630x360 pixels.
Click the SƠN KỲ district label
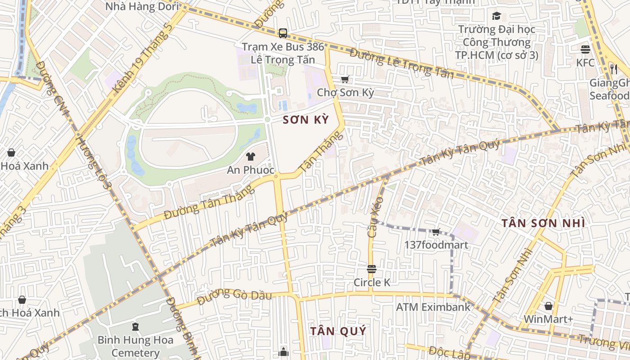[306, 120]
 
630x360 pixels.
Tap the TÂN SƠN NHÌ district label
[543, 223]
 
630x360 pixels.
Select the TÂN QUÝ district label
[338, 331]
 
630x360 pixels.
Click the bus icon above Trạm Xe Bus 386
[283, 33]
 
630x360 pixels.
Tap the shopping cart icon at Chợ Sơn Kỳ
[345, 80]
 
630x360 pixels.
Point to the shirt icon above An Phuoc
[251, 157]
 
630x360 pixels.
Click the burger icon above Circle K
[372, 269]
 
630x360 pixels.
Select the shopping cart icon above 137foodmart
[436, 232]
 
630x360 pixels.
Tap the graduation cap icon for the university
[496, 16]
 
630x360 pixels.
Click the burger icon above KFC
[585, 49]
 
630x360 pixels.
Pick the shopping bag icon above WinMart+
[548, 306]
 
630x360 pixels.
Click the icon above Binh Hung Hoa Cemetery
[135, 326]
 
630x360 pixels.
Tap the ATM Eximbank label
[433, 307]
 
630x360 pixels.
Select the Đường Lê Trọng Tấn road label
[401, 63]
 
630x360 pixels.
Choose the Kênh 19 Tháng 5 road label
[143, 58]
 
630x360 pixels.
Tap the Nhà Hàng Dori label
[142, 6]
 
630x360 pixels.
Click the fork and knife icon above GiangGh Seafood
[613, 69]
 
